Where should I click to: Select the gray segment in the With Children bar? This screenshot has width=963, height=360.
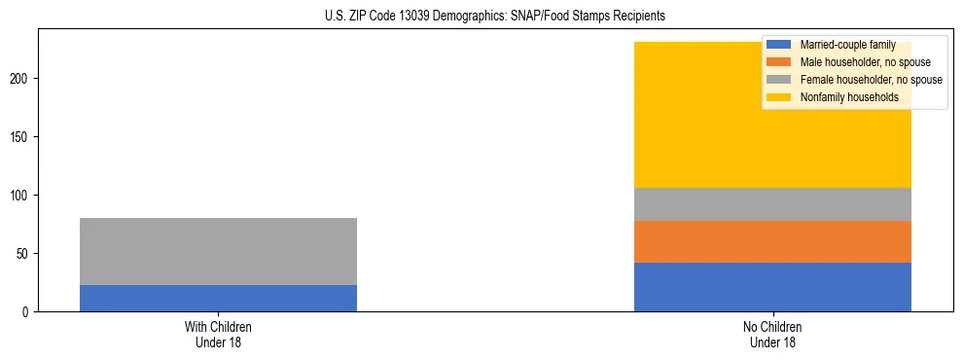click(x=218, y=251)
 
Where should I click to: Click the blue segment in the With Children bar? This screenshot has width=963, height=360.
click(x=218, y=298)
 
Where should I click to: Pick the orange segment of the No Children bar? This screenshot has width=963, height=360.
click(x=772, y=241)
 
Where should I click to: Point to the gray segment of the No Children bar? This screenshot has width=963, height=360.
click(x=772, y=203)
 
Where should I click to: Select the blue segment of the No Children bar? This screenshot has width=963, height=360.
click(x=772, y=287)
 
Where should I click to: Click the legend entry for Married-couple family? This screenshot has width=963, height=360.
click(x=845, y=45)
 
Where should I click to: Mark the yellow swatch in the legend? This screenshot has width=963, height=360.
click(x=779, y=97)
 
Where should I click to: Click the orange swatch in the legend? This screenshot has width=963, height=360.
click(x=779, y=62)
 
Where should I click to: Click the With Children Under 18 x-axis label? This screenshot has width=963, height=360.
click(x=218, y=335)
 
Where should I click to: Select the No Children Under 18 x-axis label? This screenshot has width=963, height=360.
click(x=772, y=335)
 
